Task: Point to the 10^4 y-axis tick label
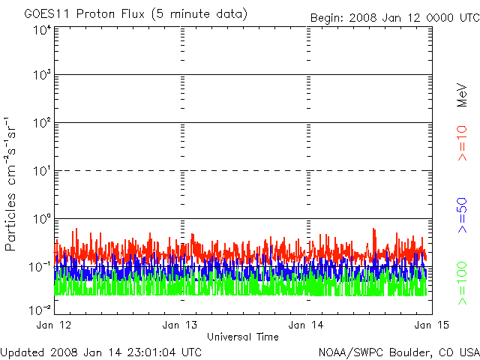point(41,30)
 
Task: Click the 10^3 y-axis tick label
point(41,76)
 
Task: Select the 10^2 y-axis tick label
point(41,124)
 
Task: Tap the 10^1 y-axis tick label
point(41,171)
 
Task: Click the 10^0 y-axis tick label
point(41,219)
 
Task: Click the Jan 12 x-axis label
point(55,325)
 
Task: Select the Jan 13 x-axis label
point(179,325)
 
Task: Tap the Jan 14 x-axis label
point(305,325)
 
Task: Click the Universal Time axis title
point(242,337)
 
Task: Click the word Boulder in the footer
point(396,352)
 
